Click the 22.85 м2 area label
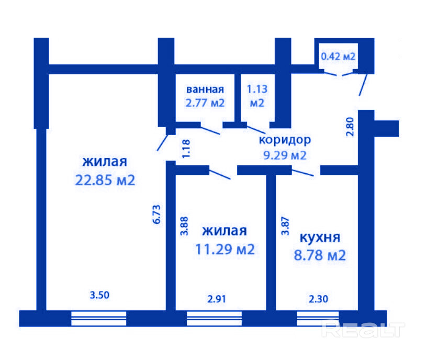[x=105, y=180]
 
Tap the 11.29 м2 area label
[x=225, y=249]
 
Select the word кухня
[x=320, y=238]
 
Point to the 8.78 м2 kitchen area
[x=320, y=255]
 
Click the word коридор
[x=285, y=140]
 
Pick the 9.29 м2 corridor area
[x=285, y=155]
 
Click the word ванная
[x=205, y=89]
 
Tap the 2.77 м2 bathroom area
[x=205, y=103]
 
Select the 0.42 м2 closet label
[x=338, y=57]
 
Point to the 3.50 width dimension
[x=99, y=295]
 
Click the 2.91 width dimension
[x=217, y=299]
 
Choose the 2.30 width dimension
[x=318, y=299]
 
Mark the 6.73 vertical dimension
[x=157, y=215]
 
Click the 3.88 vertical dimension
[x=184, y=226]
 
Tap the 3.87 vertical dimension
[x=285, y=226]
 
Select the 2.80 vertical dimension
[x=350, y=127]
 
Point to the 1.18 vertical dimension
[x=186, y=149]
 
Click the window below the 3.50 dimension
[x=98, y=319]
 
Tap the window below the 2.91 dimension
[x=215, y=319]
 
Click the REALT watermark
[x=363, y=330]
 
